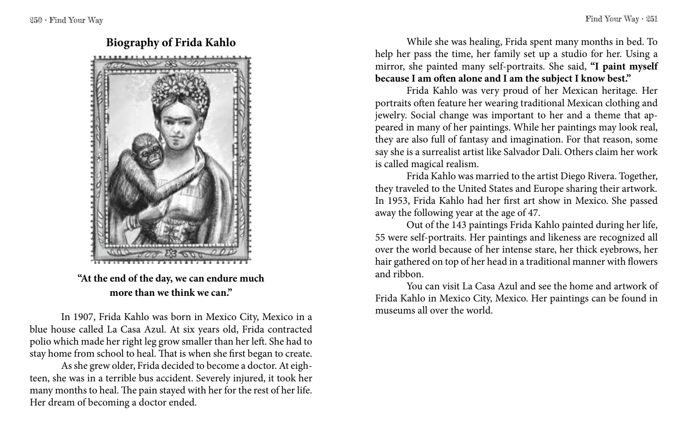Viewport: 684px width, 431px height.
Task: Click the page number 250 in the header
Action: tap(35, 20)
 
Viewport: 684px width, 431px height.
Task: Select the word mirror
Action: tap(388, 67)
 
